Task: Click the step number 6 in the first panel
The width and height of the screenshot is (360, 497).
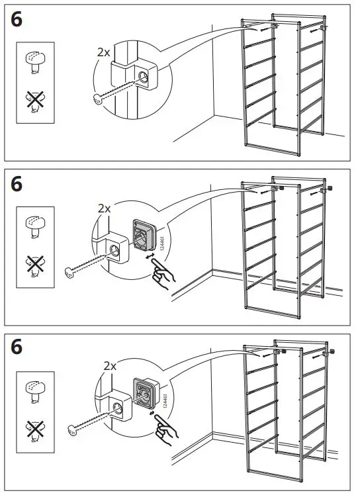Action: click(17, 19)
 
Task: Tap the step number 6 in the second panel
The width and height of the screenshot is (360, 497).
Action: click(17, 184)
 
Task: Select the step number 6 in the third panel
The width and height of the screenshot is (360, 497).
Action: click(17, 346)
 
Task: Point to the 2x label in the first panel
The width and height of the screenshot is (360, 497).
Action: click(101, 51)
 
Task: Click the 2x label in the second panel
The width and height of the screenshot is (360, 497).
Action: click(104, 208)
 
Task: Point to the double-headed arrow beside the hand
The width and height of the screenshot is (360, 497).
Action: click(150, 255)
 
